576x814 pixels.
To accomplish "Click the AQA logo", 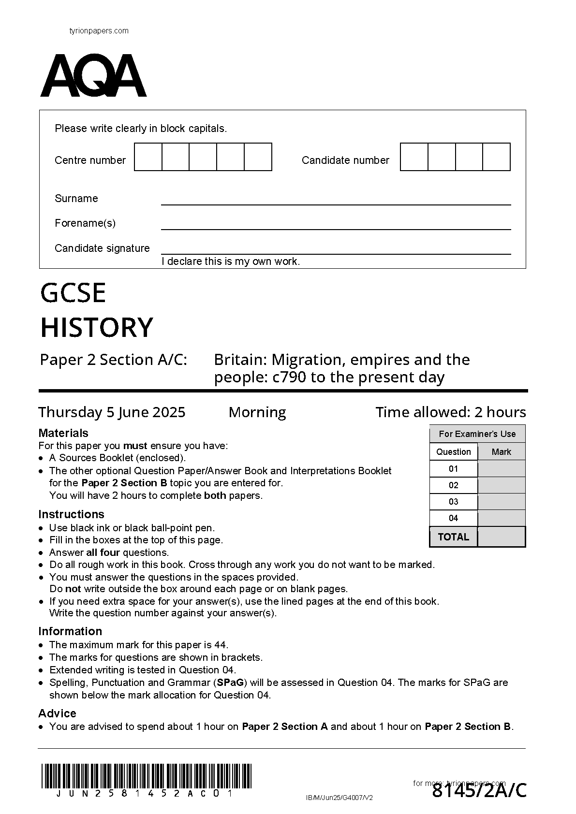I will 93,76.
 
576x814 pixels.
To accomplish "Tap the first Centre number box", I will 148,157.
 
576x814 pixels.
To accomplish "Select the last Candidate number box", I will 496,157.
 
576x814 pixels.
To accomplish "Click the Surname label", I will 76,199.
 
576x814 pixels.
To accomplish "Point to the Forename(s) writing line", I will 336,228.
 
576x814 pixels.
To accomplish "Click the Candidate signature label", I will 102,248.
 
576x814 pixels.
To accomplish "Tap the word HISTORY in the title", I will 97,327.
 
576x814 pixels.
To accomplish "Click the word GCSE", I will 73,293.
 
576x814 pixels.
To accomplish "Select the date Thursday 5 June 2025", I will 112,412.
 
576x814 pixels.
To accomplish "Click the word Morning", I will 257,412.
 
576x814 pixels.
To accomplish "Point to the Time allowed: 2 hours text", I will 451,412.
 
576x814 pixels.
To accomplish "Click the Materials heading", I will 63,433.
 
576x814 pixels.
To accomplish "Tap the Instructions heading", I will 71,514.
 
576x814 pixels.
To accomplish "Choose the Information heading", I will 70,631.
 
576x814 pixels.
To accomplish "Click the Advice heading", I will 57,713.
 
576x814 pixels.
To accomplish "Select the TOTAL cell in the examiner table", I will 453,537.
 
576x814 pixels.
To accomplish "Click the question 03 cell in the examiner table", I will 453,502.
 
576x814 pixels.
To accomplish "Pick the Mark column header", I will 501,452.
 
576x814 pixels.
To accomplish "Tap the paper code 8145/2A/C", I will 479,791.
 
